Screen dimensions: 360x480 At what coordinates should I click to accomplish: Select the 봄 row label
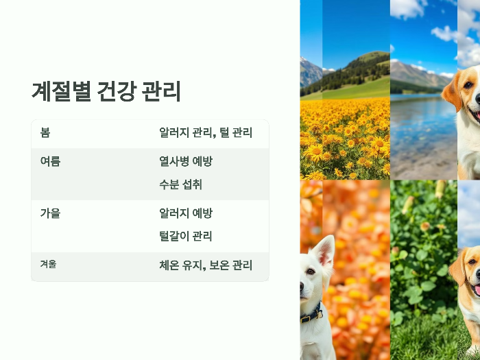45,132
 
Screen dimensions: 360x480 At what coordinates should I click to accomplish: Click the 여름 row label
50,161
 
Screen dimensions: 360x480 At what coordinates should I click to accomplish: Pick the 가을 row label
50,213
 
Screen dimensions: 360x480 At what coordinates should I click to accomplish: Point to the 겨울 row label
48,264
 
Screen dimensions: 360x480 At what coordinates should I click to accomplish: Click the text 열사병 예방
186,161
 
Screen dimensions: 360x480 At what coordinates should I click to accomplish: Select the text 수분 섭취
180,184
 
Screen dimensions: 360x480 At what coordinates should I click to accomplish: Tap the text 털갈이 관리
185,237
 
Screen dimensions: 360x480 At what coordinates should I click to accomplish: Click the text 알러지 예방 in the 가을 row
186,213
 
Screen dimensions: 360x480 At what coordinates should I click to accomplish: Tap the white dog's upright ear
324,250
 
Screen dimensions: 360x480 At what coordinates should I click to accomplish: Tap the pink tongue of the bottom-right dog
476,289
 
